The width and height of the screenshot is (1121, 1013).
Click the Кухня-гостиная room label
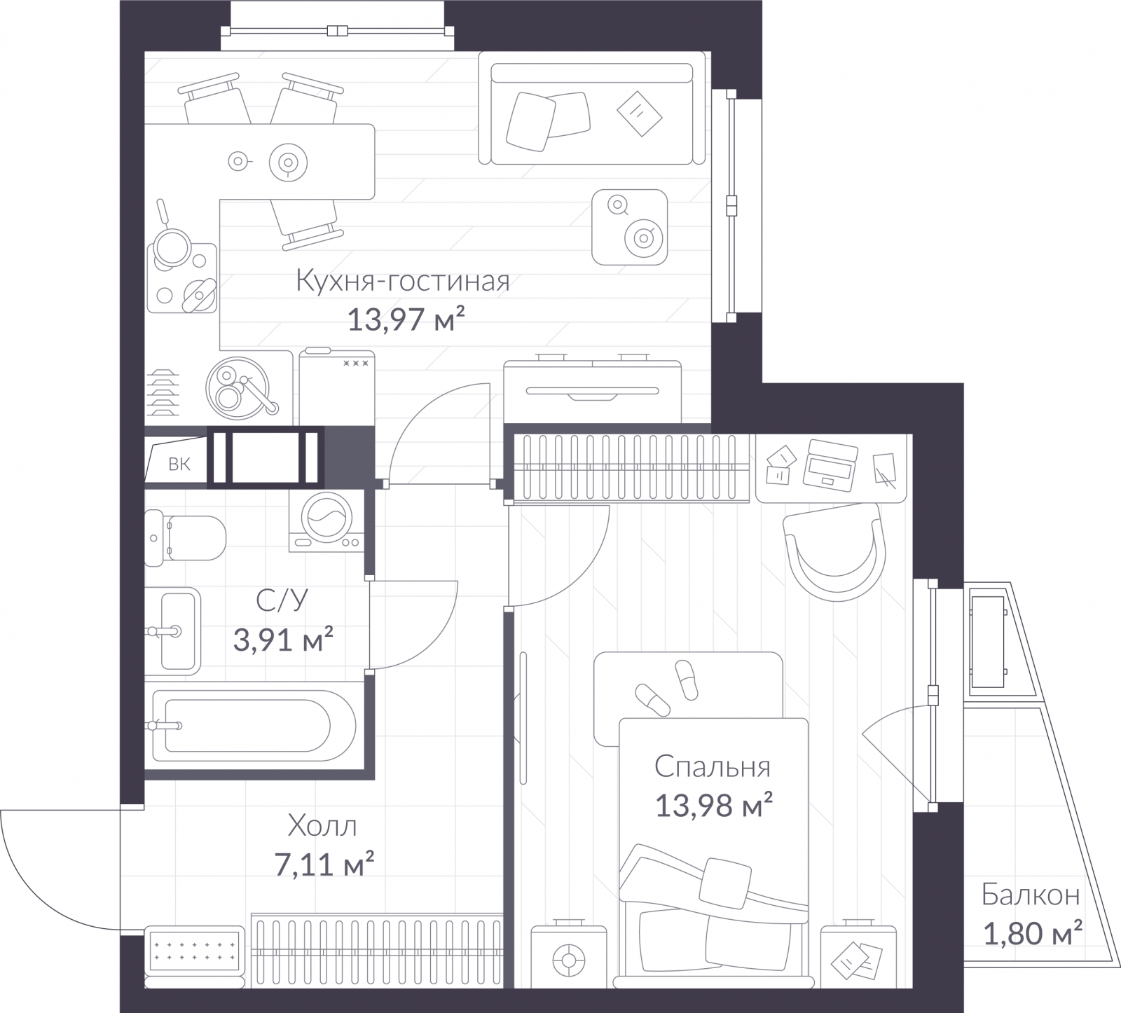click(x=403, y=281)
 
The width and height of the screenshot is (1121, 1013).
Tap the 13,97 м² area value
click(x=406, y=320)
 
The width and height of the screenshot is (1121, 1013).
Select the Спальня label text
click(x=713, y=767)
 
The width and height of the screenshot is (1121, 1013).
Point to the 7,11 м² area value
click(x=324, y=864)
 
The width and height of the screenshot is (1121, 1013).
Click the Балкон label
click(x=1030, y=895)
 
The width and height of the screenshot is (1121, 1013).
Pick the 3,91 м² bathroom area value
click(x=282, y=639)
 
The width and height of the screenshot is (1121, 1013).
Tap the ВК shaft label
click(x=179, y=464)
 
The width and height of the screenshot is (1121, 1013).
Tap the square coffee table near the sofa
click(x=629, y=227)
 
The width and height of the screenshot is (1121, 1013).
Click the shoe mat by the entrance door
click(x=195, y=948)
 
